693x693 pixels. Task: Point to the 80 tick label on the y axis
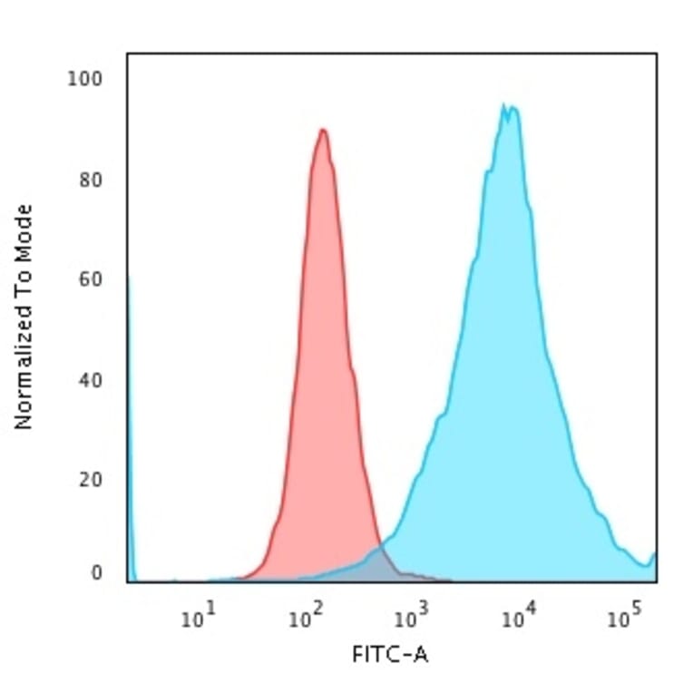click(x=89, y=179)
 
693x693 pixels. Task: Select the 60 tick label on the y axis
click(x=89, y=278)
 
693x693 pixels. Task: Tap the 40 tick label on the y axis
click(x=89, y=379)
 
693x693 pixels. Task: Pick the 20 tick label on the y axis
click(x=89, y=479)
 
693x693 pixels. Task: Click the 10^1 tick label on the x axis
click(x=201, y=619)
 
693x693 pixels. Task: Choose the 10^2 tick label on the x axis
click(x=307, y=619)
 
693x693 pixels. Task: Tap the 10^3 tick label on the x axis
click(x=412, y=619)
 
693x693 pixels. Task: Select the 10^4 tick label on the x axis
click(x=517, y=619)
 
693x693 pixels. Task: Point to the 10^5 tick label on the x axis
click(x=622, y=619)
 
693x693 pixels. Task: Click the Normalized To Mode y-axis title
click(x=24, y=317)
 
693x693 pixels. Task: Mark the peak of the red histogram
click(x=322, y=131)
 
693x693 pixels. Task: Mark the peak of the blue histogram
click(x=504, y=107)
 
